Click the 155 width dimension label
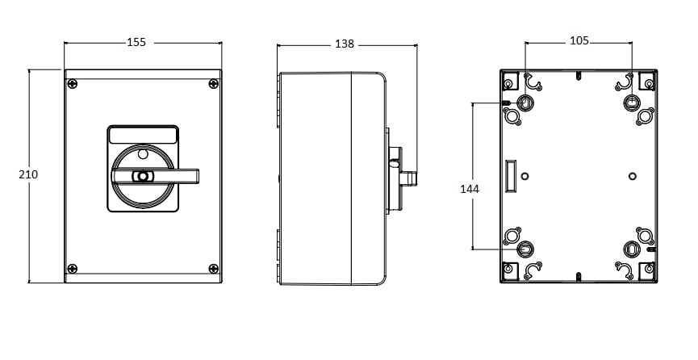[136, 42]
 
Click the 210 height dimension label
[28, 174]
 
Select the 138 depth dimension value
[345, 44]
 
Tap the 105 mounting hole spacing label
[579, 41]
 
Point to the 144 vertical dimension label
[470, 190]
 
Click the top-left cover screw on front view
[72, 84]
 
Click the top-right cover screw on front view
[214, 84]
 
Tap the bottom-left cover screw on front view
[72, 269]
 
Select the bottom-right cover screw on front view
[214, 269]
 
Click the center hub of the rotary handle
[143, 177]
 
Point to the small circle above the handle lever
[143, 154]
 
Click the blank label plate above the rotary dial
[143, 136]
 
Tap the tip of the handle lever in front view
[199, 177]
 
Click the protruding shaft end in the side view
[408, 179]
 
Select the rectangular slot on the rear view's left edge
[511, 177]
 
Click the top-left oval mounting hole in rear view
[525, 103]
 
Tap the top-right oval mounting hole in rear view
[631, 103]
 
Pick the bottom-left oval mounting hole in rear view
[525, 249]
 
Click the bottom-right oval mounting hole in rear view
[631, 249]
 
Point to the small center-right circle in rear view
[633, 177]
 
